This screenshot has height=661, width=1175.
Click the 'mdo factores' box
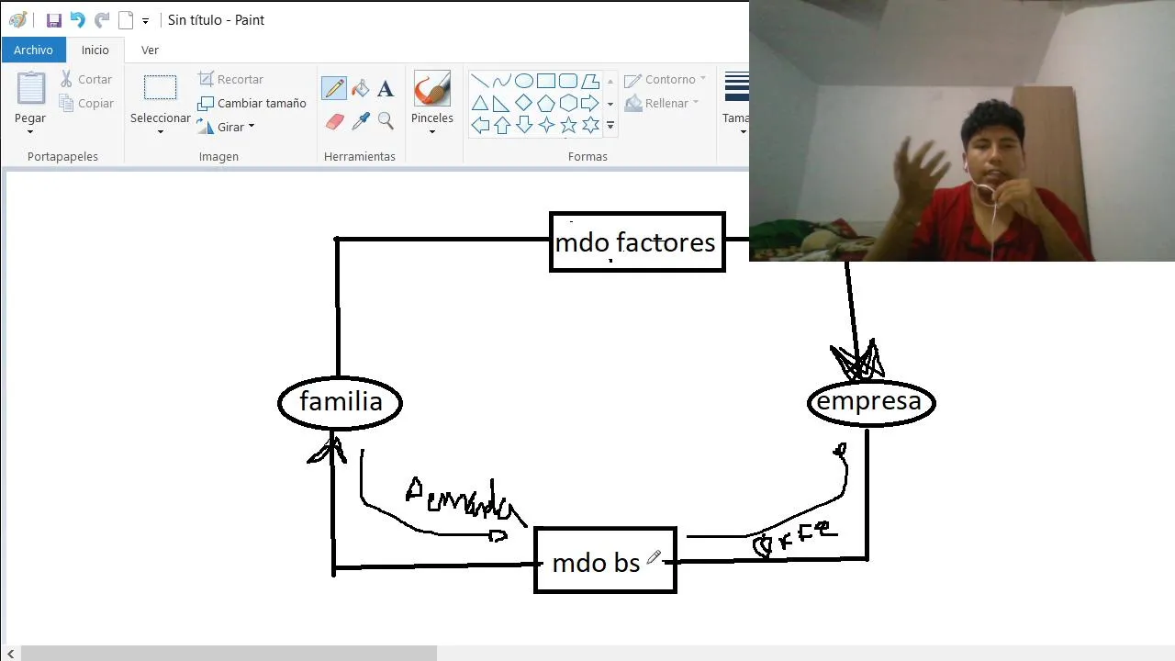point(637,242)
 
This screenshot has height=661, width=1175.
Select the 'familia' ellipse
point(341,402)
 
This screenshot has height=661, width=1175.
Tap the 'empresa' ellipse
point(870,402)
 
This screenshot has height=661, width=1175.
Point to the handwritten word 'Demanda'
point(464,501)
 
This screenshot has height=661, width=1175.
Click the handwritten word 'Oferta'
point(795,539)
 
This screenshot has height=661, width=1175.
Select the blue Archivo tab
point(33,50)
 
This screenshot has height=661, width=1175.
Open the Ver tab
point(150,50)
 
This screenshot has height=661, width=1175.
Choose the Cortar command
point(86,80)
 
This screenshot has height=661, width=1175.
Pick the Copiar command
point(86,104)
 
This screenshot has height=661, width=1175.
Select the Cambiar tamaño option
point(252,103)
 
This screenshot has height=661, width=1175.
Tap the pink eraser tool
point(335,121)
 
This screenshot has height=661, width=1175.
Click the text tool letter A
point(386,89)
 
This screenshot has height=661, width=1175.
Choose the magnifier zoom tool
point(386,121)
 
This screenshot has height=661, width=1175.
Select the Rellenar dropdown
point(662,103)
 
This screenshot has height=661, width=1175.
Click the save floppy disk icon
point(54,20)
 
